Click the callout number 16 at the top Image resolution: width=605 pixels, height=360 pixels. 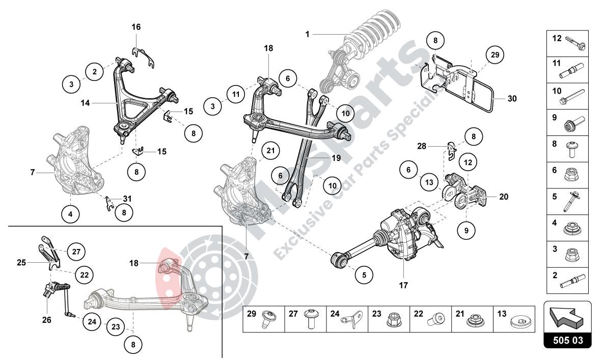[136, 27]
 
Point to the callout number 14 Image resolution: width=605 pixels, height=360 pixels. [85, 102]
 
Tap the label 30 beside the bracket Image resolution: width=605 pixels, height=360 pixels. [512, 99]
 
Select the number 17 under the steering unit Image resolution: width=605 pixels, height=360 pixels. [403, 286]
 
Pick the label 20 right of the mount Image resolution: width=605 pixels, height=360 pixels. [504, 197]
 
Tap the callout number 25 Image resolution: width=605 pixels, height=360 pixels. [21, 263]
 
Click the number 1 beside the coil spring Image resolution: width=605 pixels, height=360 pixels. [308, 34]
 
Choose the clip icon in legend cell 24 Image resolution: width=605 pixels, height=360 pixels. [351, 319]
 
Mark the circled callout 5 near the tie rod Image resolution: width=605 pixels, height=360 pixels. [364, 275]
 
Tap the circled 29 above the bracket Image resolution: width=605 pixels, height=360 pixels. [493, 55]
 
